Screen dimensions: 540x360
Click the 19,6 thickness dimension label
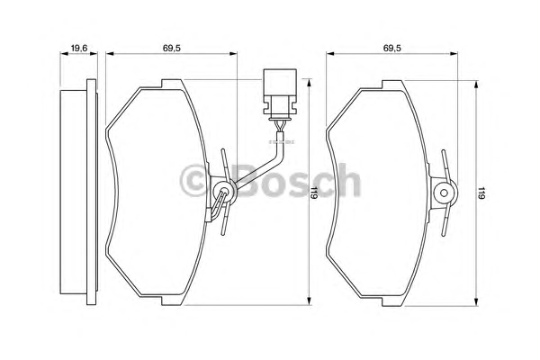pyautogui.click(x=79, y=49)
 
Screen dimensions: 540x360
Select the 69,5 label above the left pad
pyautogui.click(x=172, y=49)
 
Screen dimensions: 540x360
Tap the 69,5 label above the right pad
pyautogui.click(x=391, y=49)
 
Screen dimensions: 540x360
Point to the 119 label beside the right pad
pyautogui.click(x=481, y=194)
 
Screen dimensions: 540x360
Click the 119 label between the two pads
pyautogui.click(x=314, y=193)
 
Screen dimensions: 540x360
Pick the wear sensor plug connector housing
pyautogui.click(x=280, y=92)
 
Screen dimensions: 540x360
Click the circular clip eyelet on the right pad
pyautogui.click(x=445, y=193)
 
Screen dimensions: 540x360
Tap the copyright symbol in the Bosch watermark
pyautogui.click(x=195, y=180)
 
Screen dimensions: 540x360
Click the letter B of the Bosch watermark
pyautogui.click(x=251, y=180)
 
